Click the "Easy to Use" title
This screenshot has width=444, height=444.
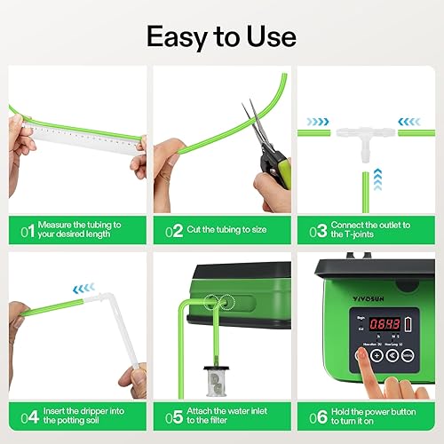click(x=222, y=36)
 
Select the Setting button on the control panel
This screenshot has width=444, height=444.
click(x=408, y=354)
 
